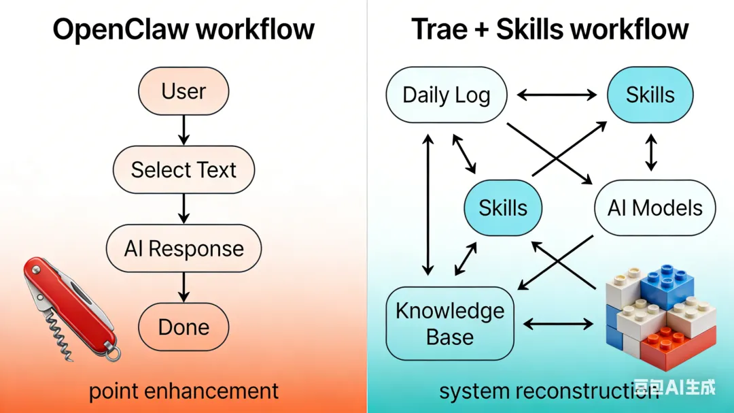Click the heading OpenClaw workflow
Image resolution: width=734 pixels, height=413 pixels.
183,29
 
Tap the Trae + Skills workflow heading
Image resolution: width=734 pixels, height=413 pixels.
550,29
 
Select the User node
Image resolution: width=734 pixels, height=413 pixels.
183,91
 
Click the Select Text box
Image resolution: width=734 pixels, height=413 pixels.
183,169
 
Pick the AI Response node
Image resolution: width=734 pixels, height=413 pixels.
183,248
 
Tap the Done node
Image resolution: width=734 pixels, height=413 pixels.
183,327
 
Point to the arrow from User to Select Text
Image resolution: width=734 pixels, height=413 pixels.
183,129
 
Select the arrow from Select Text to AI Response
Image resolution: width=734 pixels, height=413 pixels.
183,208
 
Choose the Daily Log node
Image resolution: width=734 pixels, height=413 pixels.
446,95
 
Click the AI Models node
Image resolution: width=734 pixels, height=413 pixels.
654,208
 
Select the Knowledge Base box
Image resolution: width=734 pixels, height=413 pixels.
449,324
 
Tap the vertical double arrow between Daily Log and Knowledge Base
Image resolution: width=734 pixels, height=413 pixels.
428,204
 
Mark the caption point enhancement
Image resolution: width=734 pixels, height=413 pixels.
183,391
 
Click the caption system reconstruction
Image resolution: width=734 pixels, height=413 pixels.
537,391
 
